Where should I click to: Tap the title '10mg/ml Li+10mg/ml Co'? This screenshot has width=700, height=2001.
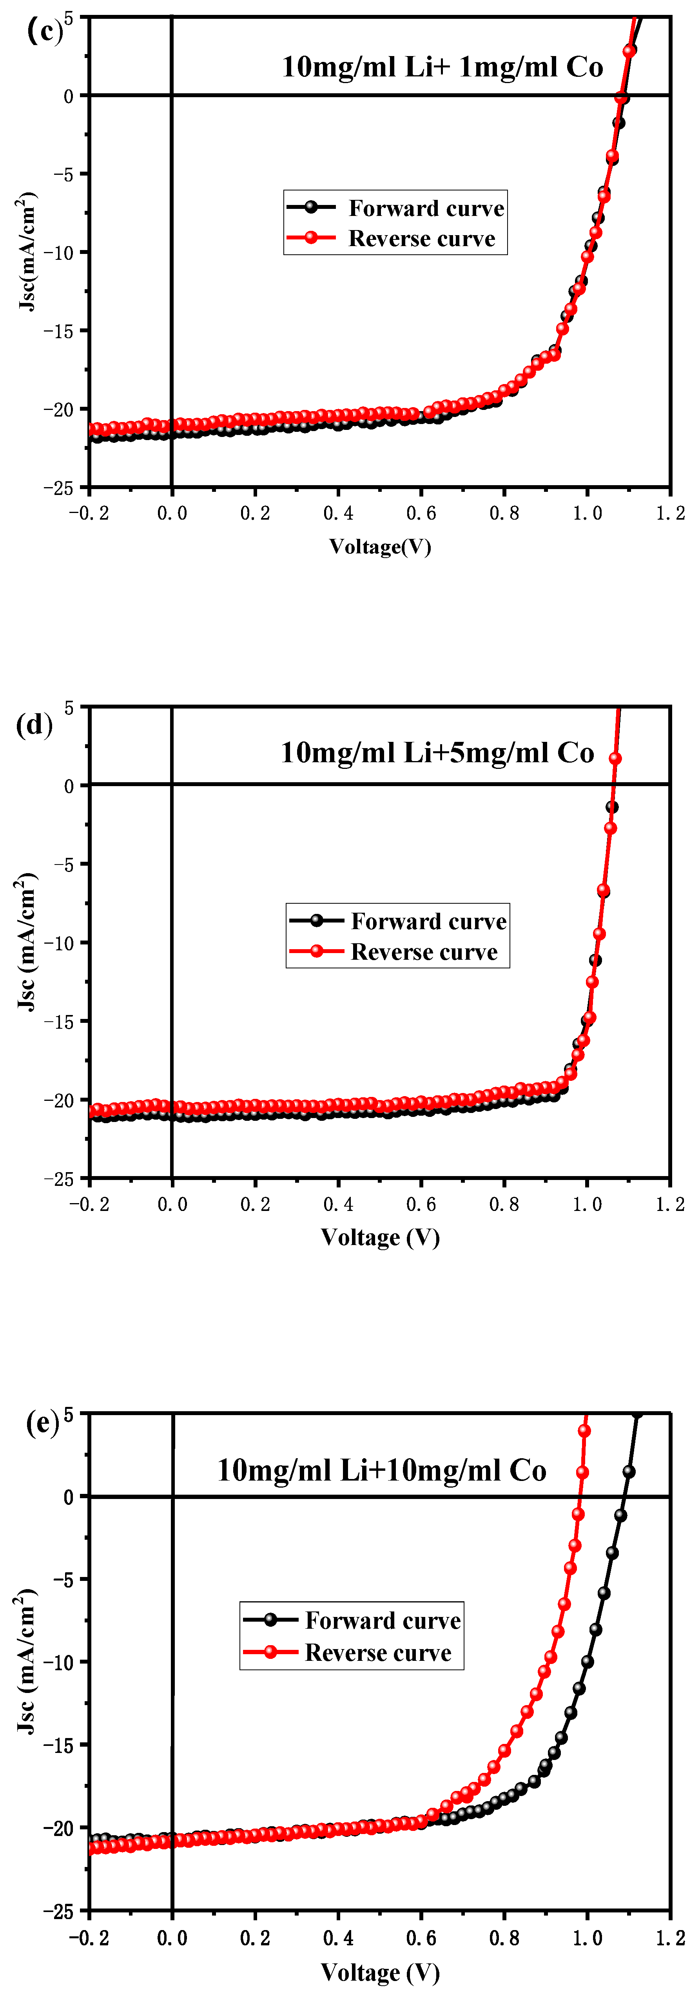tap(381, 1470)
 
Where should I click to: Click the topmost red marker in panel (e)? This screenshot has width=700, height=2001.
tap(584, 1430)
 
